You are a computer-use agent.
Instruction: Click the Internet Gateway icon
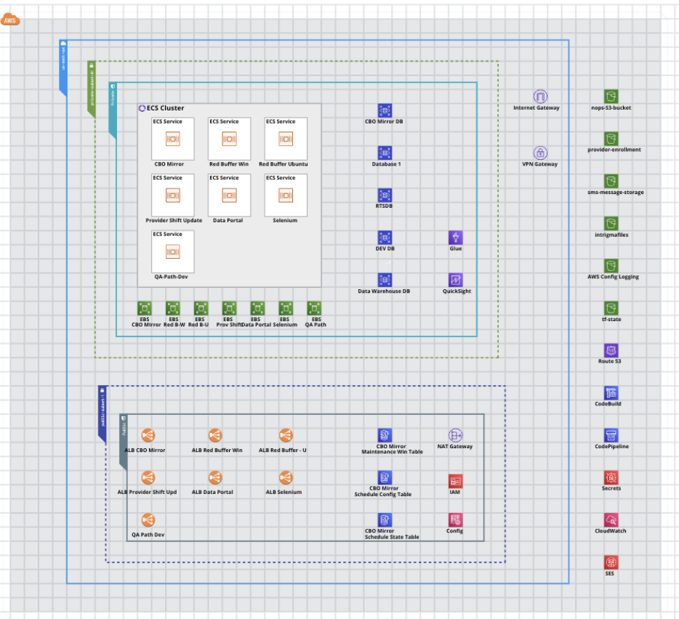click(x=539, y=97)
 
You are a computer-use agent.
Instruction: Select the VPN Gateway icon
click(x=540, y=153)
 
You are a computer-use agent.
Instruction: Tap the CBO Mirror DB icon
click(x=385, y=110)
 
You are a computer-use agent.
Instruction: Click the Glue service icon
click(x=456, y=238)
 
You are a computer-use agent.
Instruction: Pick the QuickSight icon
click(x=456, y=280)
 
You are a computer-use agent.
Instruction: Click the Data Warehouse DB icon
click(x=385, y=280)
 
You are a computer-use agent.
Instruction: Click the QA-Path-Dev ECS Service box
click(x=172, y=251)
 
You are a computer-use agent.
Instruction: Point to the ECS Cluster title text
click(x=165, y=108)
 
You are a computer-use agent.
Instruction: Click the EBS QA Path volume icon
click(x=314, y=308)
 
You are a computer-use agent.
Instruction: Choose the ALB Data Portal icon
click(x=215, y=477)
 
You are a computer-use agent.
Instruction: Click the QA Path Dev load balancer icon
click(x=148, y=520)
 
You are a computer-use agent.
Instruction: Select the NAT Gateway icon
click(x=456, y=435)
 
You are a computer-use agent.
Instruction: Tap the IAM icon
click(x=456, y=481)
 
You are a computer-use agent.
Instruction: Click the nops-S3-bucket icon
click(x=611, y=97)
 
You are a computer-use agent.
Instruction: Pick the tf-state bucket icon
click(x=611, y=308)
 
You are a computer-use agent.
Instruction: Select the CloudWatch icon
click(x=611, y=520)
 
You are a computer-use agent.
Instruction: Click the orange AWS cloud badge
click(x=11, y=20)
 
